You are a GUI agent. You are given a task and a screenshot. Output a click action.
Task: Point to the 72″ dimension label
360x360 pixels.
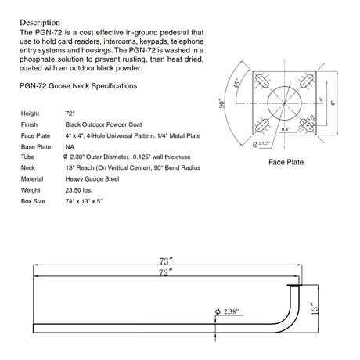pos(164,271)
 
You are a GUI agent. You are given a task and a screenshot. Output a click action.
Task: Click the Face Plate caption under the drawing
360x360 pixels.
pos(286,162)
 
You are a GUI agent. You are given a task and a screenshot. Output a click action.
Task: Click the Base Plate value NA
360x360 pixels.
pos(70,146)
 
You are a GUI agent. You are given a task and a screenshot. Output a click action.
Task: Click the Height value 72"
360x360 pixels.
pos(70,113)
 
